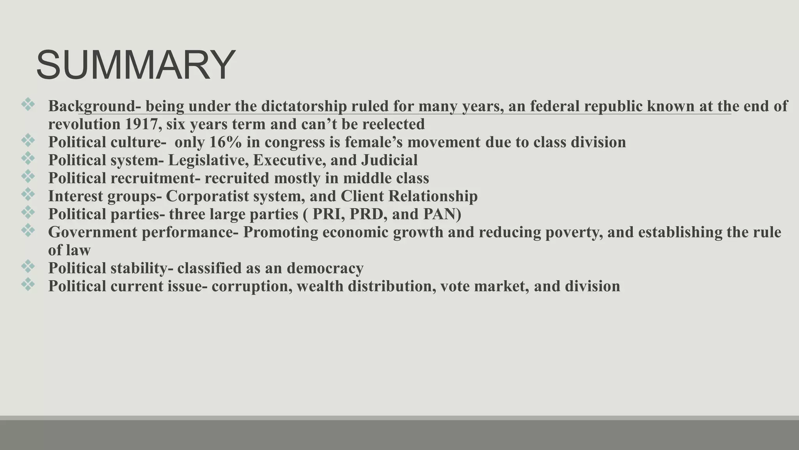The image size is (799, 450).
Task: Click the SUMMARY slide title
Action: pos(135,65)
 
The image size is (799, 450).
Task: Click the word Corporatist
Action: pos(207,196)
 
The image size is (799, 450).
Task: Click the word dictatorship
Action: pos(304,106)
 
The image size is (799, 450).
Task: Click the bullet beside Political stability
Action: pos(28,267)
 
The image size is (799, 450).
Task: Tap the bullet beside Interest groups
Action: pos(28,195)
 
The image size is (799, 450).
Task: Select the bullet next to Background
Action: pos(28,105)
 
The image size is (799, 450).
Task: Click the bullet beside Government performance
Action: pos(28,230)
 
